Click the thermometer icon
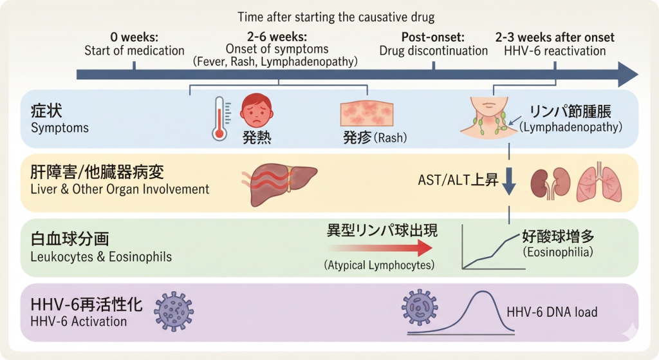tap(219, 119)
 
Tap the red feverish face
tap(256, 111)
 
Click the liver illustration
tap(280, 184)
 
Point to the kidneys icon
tap(550, 183)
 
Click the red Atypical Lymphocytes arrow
tap(381, 248)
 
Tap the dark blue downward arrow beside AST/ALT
tap(509, 182)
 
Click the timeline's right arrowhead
tap(628, 75)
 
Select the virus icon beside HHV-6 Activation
tap(174, 312)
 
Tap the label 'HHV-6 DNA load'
tap(552, 312)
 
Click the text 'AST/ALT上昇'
tap(458, 180)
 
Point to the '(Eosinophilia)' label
tap(558, 252)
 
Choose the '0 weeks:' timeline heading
tap(134, 37)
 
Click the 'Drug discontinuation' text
tap(433, 51)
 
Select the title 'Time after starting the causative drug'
tap(336, 17)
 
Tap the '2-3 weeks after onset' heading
tap(555, 37)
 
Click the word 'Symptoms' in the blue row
tap(60, 128)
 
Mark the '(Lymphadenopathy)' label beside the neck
tap(571, 127)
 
